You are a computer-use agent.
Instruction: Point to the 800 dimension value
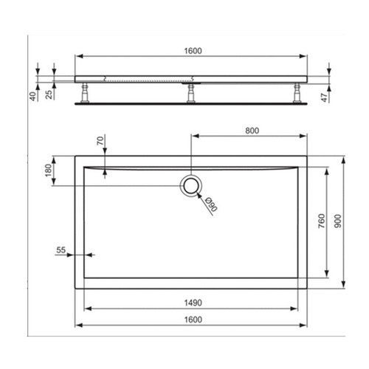click(252, 131)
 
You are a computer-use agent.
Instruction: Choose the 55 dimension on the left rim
click(61, 251)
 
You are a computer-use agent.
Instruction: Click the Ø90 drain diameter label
click(210, 204)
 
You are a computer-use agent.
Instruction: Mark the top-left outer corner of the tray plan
click(75, 155)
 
